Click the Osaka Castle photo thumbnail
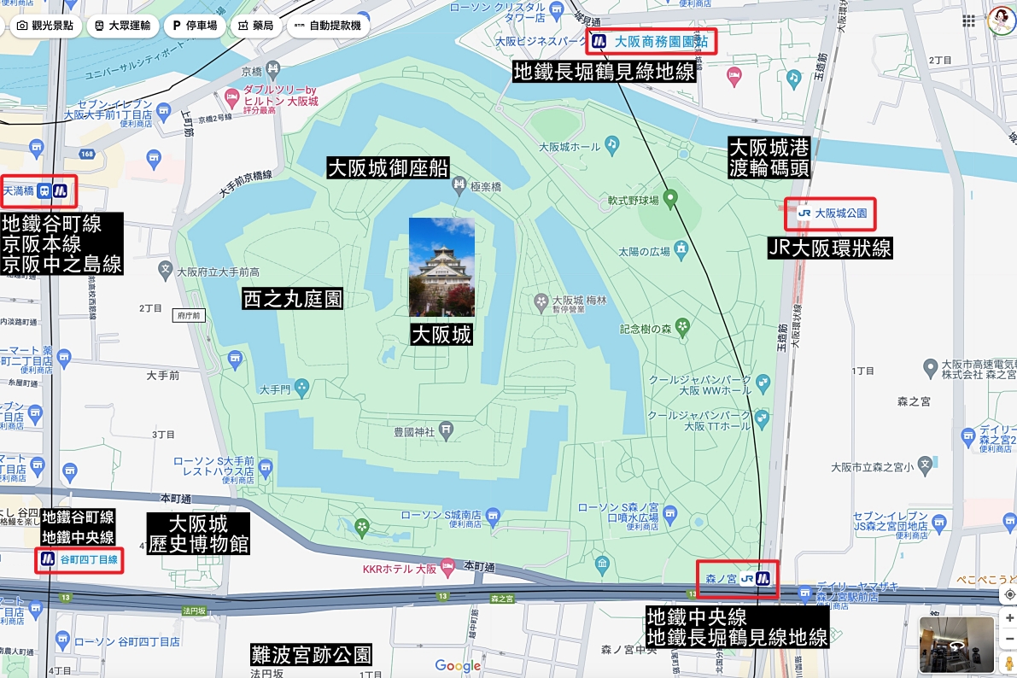[441, 266]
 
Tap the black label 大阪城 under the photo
[441, 334]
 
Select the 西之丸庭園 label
[293, 299]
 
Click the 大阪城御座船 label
[389, 167]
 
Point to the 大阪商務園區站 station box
[651, 41]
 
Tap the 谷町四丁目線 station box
[78, 561]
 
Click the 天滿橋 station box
[38, 191]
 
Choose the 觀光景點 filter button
[45, 26]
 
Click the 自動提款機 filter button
[327, 26]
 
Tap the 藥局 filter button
[255, 26]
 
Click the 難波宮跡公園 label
[311, 655]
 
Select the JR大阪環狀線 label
[830, 248]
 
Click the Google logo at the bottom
[458, 666]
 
